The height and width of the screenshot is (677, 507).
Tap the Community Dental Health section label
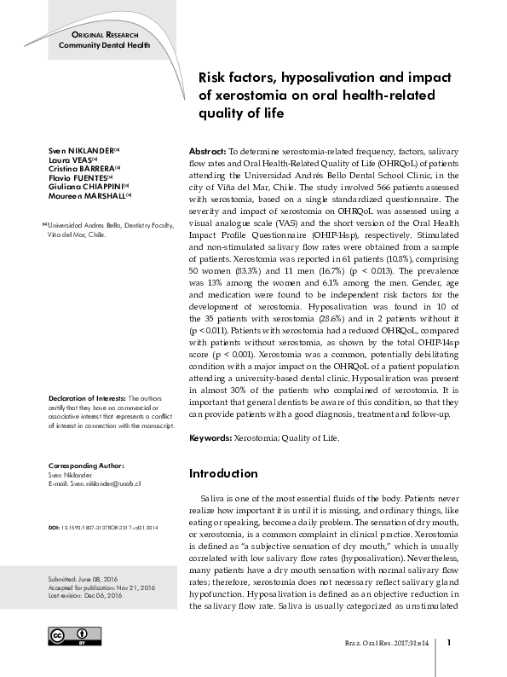103,45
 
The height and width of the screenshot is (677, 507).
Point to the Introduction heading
223,473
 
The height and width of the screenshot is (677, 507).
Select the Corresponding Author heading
86,466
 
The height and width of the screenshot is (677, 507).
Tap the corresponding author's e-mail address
93,483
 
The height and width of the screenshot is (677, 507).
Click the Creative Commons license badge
70,638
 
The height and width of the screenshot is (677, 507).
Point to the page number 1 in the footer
449,642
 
